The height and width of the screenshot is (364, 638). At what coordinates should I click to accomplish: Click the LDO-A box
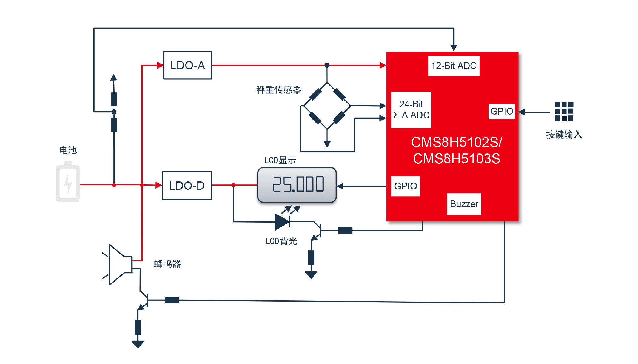pyautogui.click(x=188, y=65)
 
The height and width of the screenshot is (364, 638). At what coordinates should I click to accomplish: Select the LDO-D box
pyautogui.click(x=187, y=186)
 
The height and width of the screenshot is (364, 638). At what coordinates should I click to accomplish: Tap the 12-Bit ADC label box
pyautogui.click(x=454, y=66)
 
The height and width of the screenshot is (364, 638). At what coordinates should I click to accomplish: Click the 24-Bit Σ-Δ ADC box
pyautogui.click(x=411, y=110)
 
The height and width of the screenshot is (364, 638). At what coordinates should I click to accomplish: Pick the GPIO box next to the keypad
pyautogui.click(x=502, y=111)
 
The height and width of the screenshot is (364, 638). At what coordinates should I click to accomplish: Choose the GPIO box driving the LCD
pyautogui.click(x=406, y=186)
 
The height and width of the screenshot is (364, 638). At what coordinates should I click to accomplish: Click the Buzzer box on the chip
pyautogui.click(x=464, y=204)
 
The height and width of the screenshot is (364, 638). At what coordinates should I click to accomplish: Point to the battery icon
pyautogui.click(x=68, y=182)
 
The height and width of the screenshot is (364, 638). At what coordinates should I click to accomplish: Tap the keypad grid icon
pyautogui.click(x=564, y=111)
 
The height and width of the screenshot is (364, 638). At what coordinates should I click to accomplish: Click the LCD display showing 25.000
pyautogui.click(x=297, y=185)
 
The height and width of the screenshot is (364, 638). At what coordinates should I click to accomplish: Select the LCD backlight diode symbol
pyautogui.click(x=282, y=222)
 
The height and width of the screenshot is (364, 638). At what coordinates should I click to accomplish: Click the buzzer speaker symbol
pyautogui.click(x=117, y=265)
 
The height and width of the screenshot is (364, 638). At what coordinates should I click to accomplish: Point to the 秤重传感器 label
pyautogui.click(x=279, y=90)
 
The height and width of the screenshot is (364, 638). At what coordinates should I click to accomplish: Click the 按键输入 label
pyautogui.click(x=564, y=135)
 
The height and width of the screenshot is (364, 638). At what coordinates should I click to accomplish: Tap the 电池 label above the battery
pyautogui.click(x=68, y=150)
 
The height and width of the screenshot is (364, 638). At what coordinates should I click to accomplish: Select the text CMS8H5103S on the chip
pyautogui.click(x=457, y=159)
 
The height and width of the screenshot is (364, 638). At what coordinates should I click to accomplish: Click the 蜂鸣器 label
pyautogui.click(x=167, y=264)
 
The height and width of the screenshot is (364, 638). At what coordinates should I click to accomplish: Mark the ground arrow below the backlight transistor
pyautogui.click(x=311, y=275)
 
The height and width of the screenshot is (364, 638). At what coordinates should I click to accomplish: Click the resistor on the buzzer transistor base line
pyautogui.click(x=172, y=300)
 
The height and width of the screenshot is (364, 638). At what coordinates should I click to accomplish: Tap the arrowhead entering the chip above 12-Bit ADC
pyautogui.click(x=454, y=48)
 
